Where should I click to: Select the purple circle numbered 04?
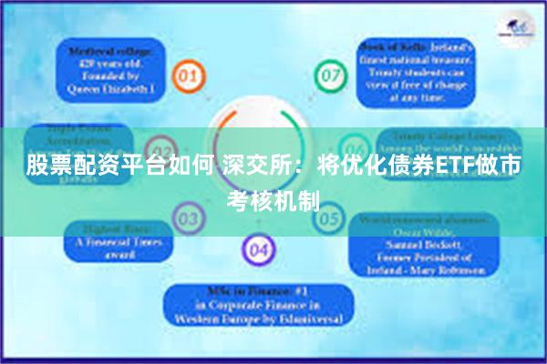point(258,248)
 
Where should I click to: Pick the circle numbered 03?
point(189,218)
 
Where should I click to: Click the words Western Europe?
point(222,320)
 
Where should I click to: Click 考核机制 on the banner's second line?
point(273,198)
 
